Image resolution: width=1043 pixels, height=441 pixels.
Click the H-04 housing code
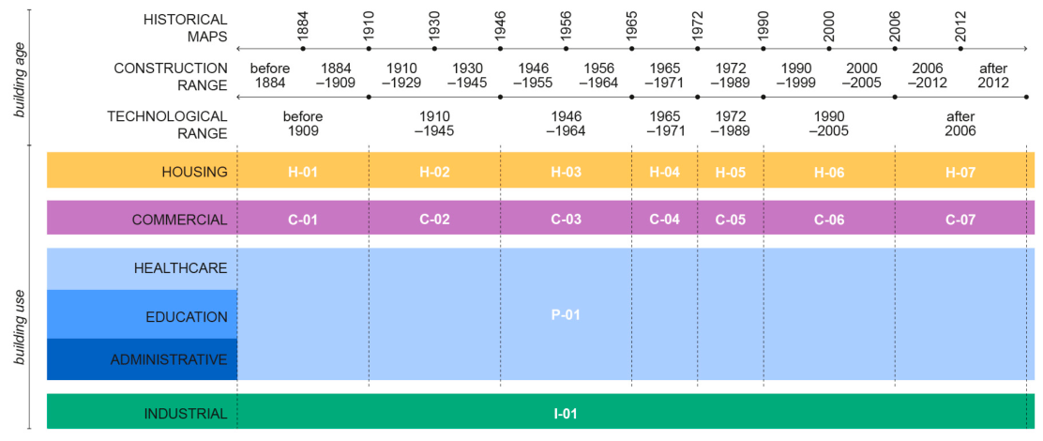[x=664, y=172]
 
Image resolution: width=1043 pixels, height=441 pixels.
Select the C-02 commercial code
[x=434, y=220]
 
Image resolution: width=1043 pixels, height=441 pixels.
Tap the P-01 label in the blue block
[x=566, y=314]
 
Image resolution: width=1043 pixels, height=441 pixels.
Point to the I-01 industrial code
[x=566, y=414]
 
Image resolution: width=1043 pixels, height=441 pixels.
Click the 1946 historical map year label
[x=500, y=23]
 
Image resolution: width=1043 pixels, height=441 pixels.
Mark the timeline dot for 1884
[x=303, y=49]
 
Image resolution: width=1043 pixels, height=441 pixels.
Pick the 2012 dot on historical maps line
[x=960, y=49]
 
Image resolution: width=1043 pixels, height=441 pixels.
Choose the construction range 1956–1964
[x=598, y=76]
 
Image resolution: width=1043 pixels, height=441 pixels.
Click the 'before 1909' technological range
[x=303, y=123]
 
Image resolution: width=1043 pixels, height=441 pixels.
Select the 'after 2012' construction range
[x=993, y=76]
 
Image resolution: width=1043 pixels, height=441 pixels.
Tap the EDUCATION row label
[x=187, y=316]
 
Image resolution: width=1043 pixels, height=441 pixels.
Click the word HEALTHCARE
[x=181, y=268]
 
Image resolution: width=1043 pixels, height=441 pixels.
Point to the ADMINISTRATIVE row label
[x=169, y=360]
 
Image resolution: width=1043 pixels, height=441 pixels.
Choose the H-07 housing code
[x=960, y=172]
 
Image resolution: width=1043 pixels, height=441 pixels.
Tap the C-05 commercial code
[x=731, y=220]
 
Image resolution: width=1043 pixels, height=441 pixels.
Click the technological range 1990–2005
[x=829, y=123]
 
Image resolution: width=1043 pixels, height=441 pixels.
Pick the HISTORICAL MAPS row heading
[x=185, y=27]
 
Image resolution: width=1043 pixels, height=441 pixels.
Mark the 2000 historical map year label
[x=829, y=23]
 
